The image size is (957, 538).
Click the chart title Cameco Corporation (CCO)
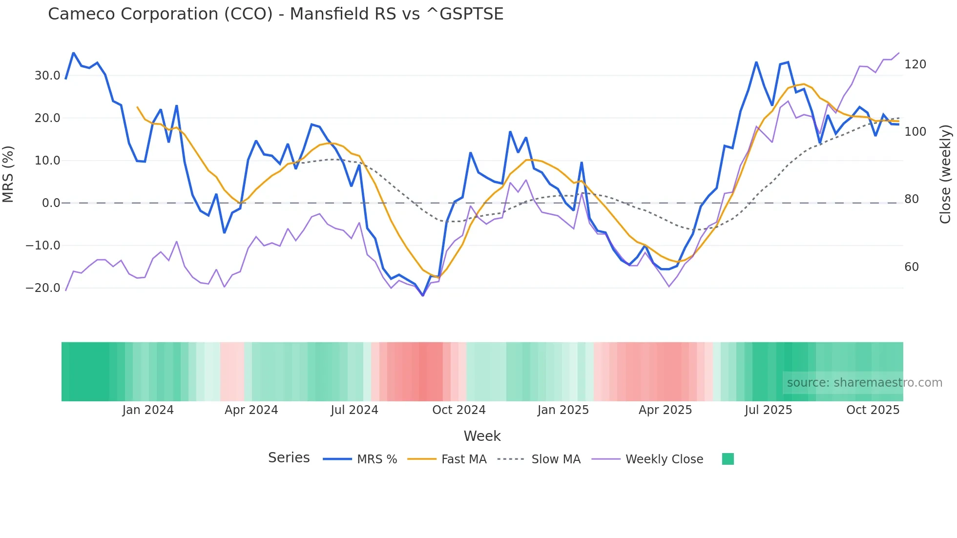275,14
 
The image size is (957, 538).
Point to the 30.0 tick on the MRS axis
47,76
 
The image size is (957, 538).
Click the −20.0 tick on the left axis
43,288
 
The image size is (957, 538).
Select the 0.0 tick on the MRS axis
51,203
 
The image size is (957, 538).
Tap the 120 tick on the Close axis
915,64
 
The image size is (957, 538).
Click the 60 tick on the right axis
911,267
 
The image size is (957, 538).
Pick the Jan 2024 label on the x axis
148,410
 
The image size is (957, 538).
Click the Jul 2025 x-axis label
768,410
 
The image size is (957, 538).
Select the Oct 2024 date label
458,410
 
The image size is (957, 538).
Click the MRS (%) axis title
8,174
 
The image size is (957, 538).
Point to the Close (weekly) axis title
945,174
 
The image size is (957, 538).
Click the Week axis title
482,436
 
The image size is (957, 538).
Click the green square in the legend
728,459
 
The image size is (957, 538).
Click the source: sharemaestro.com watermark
864,383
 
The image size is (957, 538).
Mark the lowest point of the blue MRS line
423,295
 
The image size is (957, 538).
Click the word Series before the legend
289,458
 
